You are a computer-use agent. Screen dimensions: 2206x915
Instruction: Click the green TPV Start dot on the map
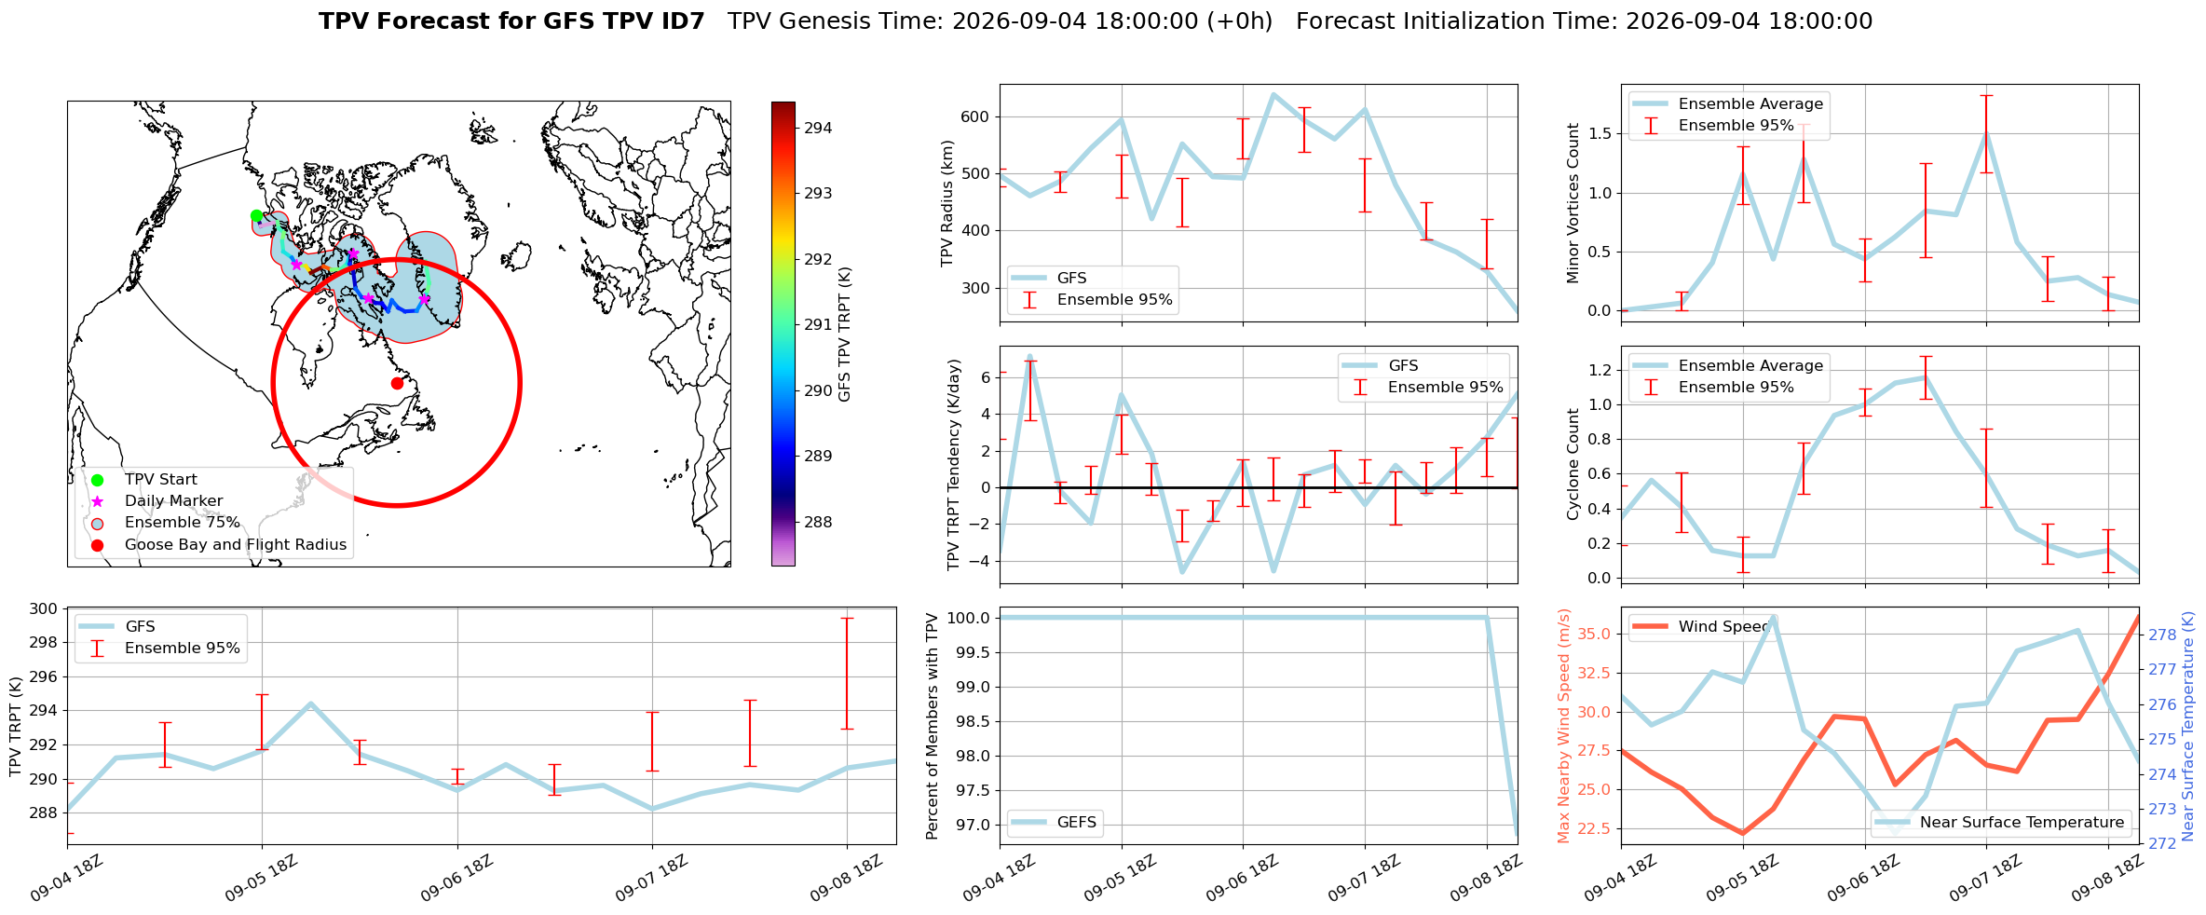pos(256,216)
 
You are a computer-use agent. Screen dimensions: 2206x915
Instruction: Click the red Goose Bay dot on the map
pos(397,383)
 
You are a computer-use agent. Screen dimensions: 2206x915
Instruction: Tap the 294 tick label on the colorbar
pos(818,128)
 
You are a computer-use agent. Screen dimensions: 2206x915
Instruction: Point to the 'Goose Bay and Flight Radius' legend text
pos(236,545)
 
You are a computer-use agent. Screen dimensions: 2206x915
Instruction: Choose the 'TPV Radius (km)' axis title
pos(947,203)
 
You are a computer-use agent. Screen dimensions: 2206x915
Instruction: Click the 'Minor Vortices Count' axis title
pos(1573,203)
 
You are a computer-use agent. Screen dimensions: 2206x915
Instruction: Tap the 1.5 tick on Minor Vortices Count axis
pos(1600,134)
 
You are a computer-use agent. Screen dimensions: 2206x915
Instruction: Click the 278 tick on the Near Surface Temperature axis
pos(2162,635)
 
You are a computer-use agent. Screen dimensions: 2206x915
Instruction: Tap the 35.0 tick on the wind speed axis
pos(1596,635)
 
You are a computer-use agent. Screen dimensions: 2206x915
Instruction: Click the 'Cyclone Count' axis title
pos(1573,464)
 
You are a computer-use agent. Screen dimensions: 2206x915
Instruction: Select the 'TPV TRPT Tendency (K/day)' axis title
pos(953,465)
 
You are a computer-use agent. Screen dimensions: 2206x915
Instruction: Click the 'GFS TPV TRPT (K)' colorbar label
pos(845,335)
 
